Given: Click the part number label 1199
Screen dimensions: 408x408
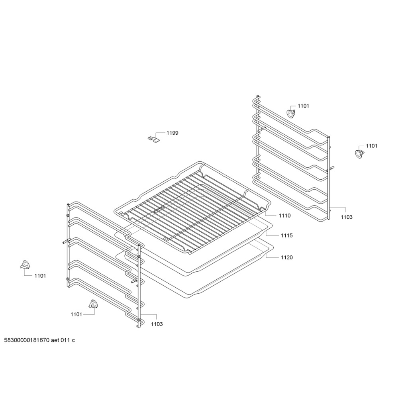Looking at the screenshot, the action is coord(172,133).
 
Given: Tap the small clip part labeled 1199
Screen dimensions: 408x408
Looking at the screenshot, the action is coord(153,139).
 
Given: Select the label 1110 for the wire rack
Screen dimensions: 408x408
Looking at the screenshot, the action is coord(284,216).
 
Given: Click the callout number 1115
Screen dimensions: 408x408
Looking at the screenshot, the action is coord(287,235).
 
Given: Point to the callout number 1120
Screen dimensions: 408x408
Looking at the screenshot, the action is coord(287,257).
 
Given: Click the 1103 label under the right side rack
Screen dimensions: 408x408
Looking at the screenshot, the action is coord(347,217).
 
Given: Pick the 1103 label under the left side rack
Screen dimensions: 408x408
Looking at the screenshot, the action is coord(157,324).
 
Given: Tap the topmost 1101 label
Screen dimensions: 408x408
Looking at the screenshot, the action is coord(303,106).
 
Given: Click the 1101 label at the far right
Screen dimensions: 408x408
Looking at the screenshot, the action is coord(371,146).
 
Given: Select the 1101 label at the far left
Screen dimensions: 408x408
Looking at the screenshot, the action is coord(40,276).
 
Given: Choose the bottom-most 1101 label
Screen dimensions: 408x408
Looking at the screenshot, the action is coord(76,314).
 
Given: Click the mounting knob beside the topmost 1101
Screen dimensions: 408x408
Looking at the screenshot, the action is coord(291,114).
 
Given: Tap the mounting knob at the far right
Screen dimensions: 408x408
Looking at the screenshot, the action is coord(359,153).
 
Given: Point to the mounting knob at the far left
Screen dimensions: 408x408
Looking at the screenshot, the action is coord(25,265).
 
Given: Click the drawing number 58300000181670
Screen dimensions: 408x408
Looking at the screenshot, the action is coord(27,340).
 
